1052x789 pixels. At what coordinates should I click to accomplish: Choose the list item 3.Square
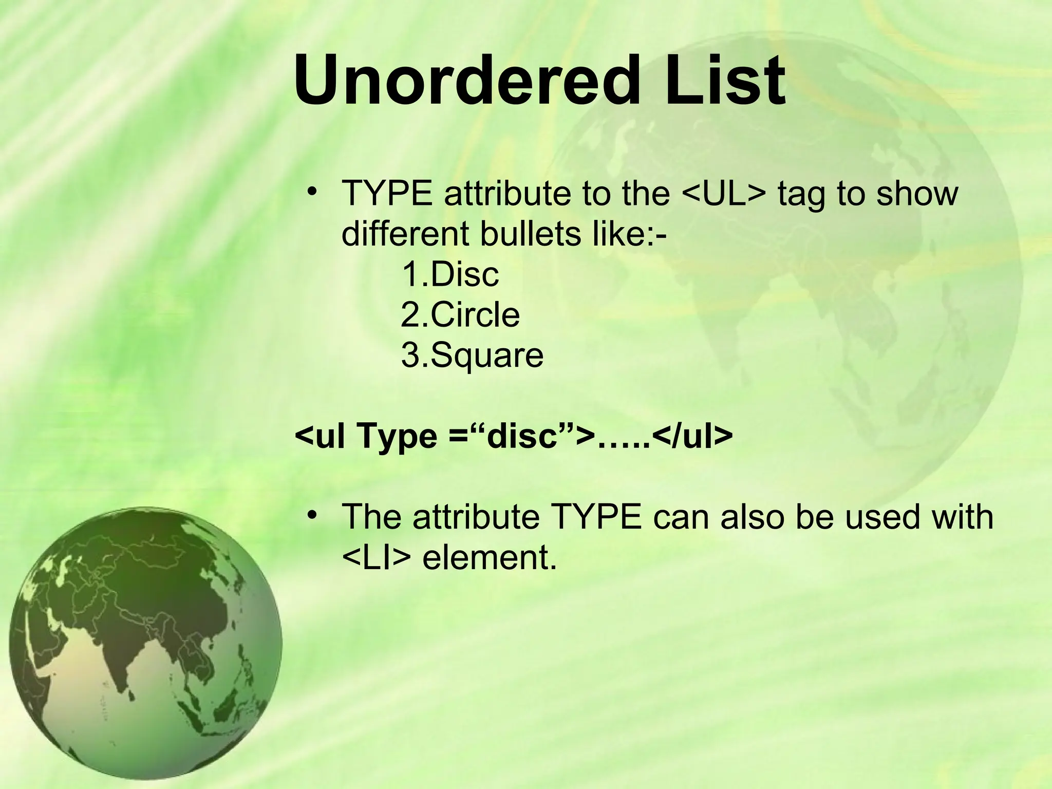click(x=472, y=355)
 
